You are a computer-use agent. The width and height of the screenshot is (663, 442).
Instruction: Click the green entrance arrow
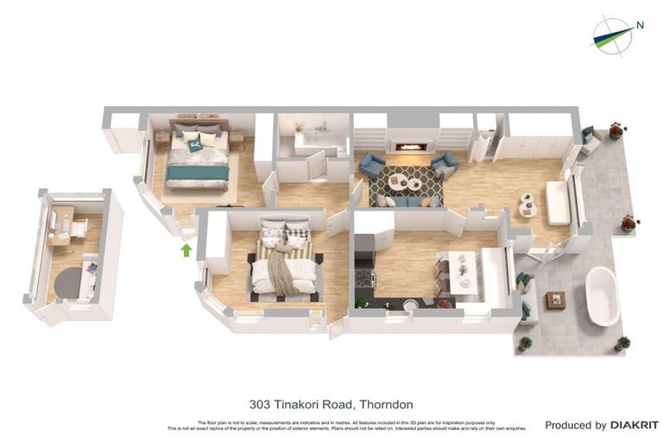point(185,250)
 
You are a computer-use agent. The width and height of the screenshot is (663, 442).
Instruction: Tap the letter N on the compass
point(640,25)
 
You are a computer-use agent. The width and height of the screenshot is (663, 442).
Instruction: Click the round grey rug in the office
point(68,281)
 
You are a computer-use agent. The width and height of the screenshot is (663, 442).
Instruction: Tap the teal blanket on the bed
point(198,173)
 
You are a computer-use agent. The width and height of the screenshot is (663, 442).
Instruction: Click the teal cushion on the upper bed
point(208,138)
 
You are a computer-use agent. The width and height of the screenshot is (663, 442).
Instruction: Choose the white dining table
point(463,268)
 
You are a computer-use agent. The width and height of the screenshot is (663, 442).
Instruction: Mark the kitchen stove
point(366,277)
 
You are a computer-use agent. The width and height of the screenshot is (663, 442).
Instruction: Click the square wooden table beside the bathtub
point(555,300)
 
